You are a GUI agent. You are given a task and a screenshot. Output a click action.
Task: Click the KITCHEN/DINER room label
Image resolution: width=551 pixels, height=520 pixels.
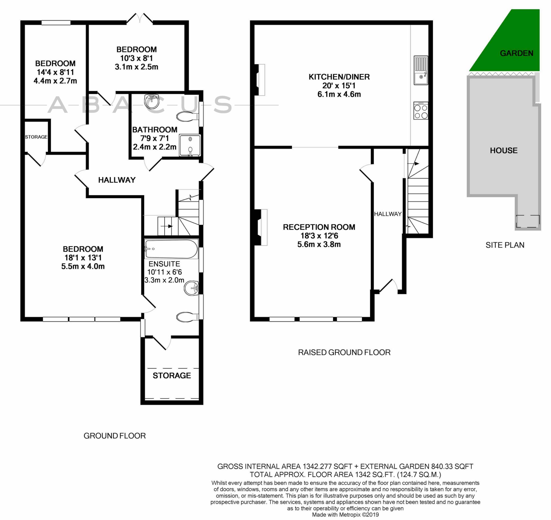(x=339, y=77)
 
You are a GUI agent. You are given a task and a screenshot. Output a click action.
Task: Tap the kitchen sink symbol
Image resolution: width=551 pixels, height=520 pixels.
(x=421, y=70)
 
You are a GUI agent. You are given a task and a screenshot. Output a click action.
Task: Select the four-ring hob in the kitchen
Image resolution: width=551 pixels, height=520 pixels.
(x=421, y=111)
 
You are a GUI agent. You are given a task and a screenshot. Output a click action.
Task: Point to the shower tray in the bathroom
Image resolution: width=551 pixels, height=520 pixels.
(x=190, y=145)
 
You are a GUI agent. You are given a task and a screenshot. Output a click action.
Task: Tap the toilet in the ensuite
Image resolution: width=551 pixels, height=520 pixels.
(x=188, y=316)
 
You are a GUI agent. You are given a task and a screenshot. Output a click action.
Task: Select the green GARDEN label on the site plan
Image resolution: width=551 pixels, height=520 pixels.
(x=516, y=53)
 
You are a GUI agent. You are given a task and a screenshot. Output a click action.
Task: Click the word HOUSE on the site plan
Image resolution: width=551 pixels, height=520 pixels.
(x=504, y=151)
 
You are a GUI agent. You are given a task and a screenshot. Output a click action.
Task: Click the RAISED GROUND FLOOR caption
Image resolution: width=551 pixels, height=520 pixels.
(x=344, y=353)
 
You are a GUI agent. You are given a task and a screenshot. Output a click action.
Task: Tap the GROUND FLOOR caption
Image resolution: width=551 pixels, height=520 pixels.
(x=115, y=436)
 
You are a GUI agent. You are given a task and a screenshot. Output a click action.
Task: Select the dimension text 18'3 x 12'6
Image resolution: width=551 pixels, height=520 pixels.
(x=319, y=236)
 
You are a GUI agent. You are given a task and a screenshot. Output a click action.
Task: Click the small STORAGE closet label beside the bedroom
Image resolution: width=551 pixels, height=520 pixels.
(x=36, y=137)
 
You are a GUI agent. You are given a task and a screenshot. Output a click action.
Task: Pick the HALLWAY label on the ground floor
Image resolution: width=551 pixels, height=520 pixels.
(x=117, y=180)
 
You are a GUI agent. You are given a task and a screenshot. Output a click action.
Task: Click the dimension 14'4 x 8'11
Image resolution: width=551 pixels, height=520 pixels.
(x=55, y=72)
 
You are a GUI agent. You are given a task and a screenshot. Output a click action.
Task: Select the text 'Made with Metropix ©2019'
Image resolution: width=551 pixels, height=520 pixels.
(x=345, y=515)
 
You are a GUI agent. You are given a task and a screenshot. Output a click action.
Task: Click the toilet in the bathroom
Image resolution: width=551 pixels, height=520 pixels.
(x=188, y=117)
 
